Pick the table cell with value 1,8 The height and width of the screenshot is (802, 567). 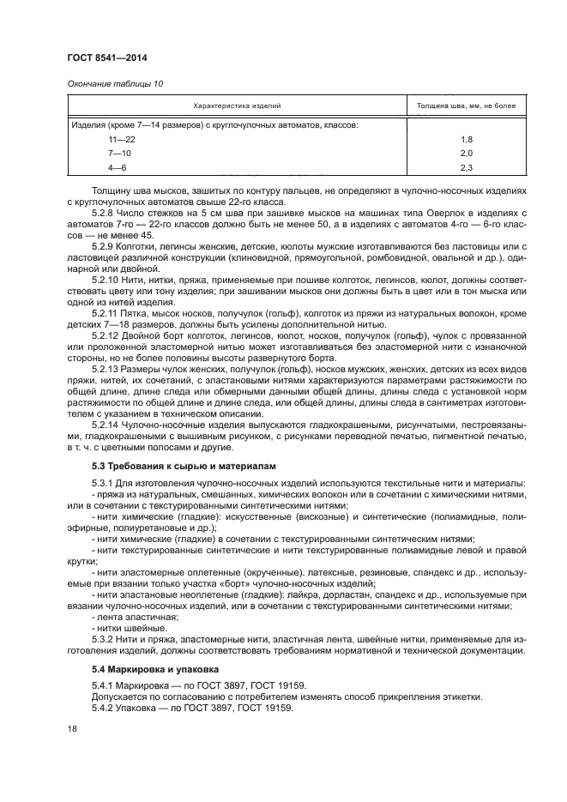[467, 138]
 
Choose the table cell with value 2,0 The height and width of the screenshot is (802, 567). [467, 152]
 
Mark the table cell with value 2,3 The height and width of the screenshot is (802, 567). [467, 166]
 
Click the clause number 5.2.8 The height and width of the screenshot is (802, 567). [105, 211]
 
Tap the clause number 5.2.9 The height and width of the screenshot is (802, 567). [105, 245]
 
